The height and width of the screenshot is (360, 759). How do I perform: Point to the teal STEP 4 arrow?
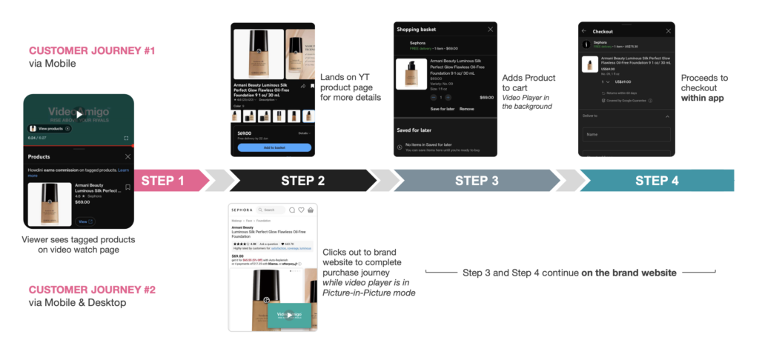(656, 181)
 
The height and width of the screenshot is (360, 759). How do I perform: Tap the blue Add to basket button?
(274, 147)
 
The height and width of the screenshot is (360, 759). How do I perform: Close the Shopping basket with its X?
(490, 29)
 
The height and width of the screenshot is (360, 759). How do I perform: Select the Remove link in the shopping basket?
(466, 109)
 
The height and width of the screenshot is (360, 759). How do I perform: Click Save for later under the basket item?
(443, 109)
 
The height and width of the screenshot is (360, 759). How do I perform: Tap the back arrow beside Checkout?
(583, 31)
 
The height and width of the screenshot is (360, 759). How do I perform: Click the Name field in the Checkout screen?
(626, 135)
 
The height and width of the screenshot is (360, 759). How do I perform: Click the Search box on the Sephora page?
(271, 210)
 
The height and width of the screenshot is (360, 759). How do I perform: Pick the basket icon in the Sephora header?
(311, 210)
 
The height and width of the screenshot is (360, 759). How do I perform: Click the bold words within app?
(702, 99)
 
